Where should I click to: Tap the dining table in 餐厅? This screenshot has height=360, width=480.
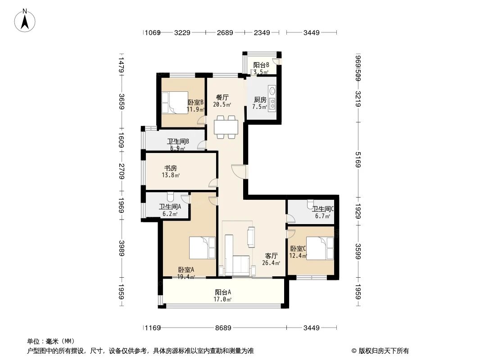pos(226,126)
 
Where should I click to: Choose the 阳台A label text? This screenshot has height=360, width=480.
pos(223,292)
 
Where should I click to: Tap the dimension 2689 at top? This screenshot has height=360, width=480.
pos(225,32)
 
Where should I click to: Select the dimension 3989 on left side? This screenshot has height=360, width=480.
pos(121,248)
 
